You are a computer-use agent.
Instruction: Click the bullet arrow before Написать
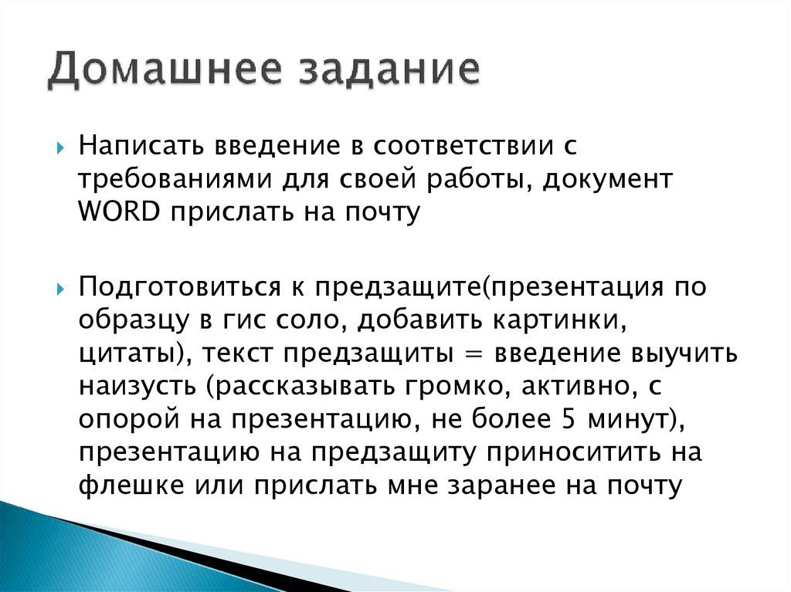tap(60, 146)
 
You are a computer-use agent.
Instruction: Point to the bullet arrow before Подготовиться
tap(60, 288)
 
